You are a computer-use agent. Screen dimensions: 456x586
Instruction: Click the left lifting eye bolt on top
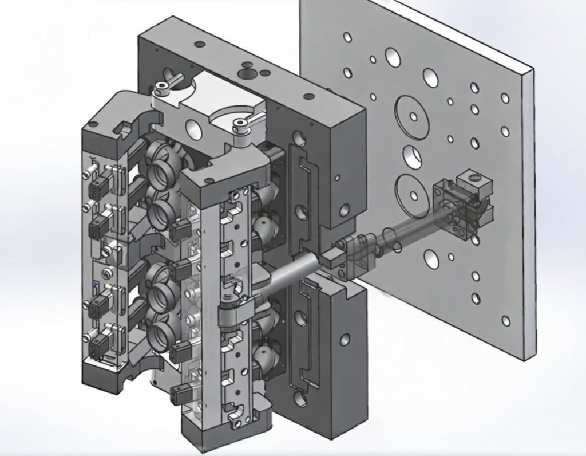(161, 87)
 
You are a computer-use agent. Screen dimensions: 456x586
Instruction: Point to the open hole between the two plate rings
(411, 154)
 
